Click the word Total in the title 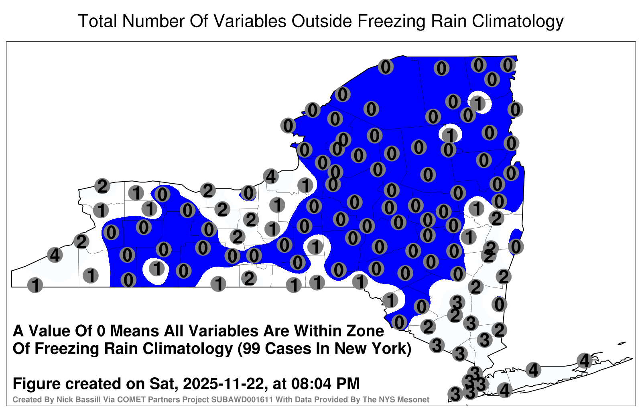coord(98,21)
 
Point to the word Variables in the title coord(250,21)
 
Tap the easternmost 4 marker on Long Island coord(584,360)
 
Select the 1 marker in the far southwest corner coord(35,285)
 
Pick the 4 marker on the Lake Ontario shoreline coord(271,176)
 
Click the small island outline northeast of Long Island coord(622,343)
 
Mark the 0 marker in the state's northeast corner coord(508,65)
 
